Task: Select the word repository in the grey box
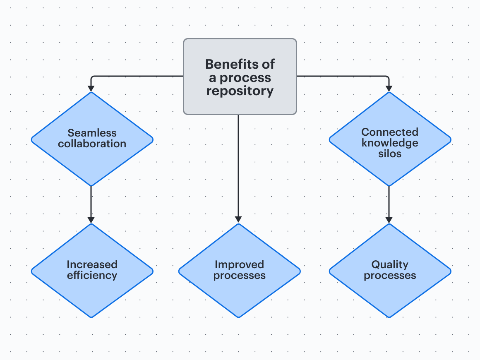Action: point(240,91)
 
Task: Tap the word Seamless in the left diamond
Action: point(92,133)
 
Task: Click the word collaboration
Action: point(92,144)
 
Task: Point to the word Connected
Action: point(390,132)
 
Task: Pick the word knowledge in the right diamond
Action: point(390,143)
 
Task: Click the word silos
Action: point(390,154)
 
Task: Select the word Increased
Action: point(92,264)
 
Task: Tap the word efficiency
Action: point(92,275)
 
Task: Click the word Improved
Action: point(239,264)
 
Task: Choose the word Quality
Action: point(390,264)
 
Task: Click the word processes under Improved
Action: point(239,276)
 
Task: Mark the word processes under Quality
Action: point(390,276)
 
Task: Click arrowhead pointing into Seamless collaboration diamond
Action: point(91,88)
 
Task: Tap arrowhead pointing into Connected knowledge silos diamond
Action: point(389,88)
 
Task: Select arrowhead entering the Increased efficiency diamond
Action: point(91,220)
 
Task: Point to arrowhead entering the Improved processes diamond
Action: point(238,220)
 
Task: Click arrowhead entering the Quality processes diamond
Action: point(389,220)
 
